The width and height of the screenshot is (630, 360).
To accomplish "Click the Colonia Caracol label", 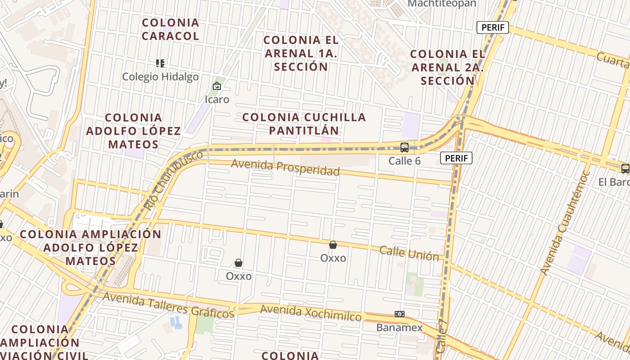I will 171,29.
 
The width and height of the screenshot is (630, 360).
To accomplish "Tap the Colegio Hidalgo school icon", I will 160,63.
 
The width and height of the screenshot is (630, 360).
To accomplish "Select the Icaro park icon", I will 217,86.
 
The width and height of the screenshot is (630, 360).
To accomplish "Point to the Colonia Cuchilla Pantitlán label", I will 304,124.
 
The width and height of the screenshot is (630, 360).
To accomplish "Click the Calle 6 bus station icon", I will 404,147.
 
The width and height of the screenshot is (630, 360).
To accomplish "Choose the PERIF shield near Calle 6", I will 456,158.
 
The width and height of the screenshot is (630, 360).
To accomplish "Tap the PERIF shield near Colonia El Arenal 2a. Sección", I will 493,27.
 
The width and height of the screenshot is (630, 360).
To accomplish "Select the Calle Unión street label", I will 409,253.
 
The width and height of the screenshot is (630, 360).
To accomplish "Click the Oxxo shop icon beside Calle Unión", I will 333,245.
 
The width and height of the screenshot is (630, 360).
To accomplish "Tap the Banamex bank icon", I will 399,314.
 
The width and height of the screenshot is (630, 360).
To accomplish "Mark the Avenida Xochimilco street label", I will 310,313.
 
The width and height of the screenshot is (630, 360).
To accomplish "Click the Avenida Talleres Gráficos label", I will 168,305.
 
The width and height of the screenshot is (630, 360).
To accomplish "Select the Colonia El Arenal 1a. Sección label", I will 301,53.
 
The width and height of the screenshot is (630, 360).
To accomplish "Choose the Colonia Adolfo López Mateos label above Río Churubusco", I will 134,131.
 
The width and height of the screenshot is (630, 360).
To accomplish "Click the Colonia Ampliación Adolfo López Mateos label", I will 90,247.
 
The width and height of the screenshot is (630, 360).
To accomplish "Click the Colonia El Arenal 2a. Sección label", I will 448,67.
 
